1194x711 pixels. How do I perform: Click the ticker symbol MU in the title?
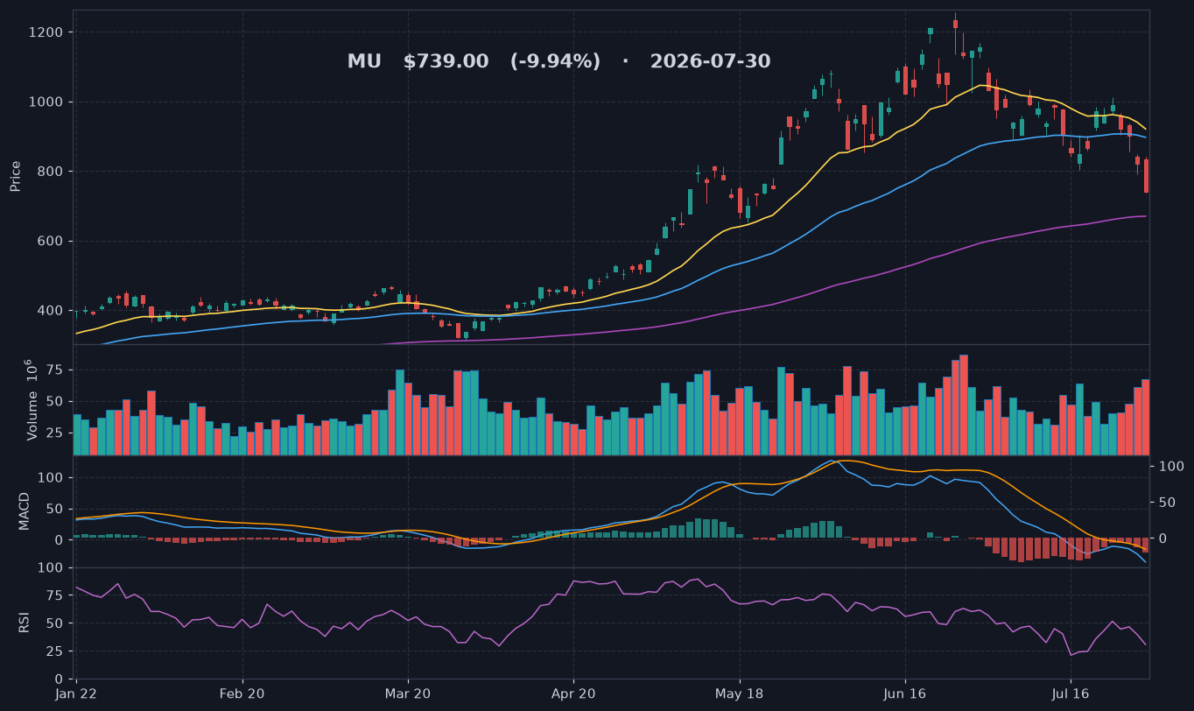(x=364, y=61)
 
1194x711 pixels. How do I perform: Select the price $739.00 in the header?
(x=446, y=61)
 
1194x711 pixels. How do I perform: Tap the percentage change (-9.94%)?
(x=556, y=61)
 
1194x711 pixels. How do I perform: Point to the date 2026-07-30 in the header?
(x=710, y=61)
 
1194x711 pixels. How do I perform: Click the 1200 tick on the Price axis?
(x=46, y=32)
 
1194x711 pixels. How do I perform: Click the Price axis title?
(x=15, y=176)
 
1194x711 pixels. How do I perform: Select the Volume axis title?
(x=32, y=400)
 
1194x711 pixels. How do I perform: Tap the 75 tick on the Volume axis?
(x=55, y=370)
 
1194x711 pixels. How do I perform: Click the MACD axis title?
(x=24, y=511)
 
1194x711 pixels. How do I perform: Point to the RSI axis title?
(x=24, y=623)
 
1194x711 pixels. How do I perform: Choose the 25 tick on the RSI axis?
(x=55, y=651)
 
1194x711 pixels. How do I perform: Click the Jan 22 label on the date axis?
(x=76, y=694)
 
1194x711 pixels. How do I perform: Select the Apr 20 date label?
(x=573, y=694)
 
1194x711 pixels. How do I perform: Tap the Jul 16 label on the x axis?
(x=1071, y=694)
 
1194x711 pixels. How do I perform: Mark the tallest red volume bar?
(x=964, y=405)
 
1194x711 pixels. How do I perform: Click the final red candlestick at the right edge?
(x=1146, y=175)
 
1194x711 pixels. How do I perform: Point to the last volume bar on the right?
(x=1146, y=417)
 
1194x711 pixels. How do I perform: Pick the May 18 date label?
(x=740, y=694)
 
